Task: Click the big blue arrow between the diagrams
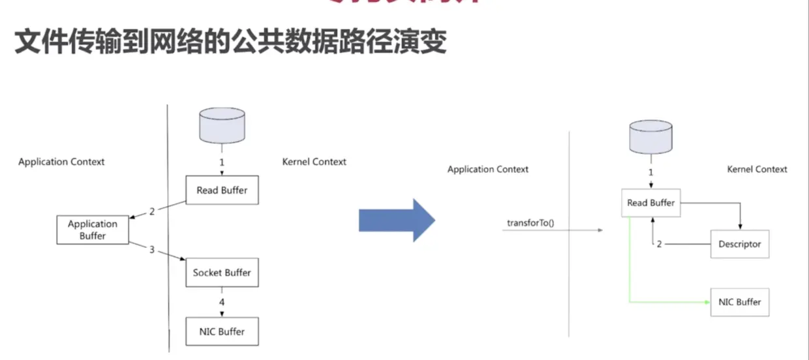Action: pos(395,220)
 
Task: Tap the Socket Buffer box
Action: pos(222,273)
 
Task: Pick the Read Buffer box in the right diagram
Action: pos(650,203)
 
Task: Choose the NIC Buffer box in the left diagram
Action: pos(222,331)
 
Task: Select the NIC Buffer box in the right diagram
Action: pos(739,303)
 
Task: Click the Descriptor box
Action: pos(739,245)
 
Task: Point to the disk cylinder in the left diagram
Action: pos(222,125)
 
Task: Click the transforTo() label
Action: pos(530,224)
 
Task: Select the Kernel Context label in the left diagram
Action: pos(314,162)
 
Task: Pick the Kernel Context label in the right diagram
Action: pos(757,169)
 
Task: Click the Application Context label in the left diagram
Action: pos(61,162)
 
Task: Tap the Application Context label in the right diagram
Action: pos(488,169)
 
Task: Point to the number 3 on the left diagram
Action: pos(151,250)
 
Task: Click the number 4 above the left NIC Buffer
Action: pos(222,302)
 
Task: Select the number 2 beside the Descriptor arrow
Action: pos(659,245)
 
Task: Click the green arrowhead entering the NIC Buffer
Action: pos(707,303)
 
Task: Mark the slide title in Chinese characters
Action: pos(230,41)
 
